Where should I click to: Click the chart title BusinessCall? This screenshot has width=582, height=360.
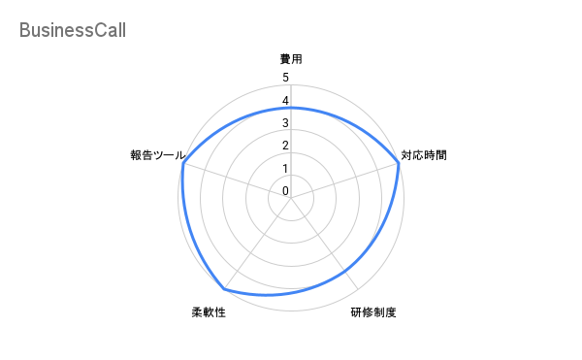tap(72, 31)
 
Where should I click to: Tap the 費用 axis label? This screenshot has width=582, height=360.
tap(291, 59)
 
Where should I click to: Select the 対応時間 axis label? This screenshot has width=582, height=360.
tap(424, 154)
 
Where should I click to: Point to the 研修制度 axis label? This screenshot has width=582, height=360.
tap(374, 312)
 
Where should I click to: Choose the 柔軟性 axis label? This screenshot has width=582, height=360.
tap(209, 312)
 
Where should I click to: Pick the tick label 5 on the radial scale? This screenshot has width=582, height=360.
tap(285, 78)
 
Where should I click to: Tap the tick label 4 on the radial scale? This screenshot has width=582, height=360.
tap(285, 101)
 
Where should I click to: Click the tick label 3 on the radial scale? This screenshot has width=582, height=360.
tap(285, 123)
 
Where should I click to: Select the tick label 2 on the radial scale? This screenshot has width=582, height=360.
tap(285, 146)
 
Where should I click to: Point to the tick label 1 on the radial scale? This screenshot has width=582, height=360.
tap(285, 169)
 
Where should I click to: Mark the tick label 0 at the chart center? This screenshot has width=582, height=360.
tap(285, 191)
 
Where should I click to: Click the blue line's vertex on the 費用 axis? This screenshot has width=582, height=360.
tap(291, 108)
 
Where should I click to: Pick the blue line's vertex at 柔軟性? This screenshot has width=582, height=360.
tap(224, 289)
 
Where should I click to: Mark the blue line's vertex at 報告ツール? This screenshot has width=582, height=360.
tap(182, 164)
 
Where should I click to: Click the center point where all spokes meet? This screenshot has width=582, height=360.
tap(291, 198)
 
